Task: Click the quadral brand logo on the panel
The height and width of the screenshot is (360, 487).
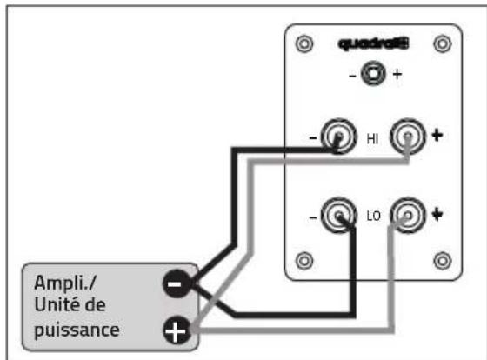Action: (x=373, y=43)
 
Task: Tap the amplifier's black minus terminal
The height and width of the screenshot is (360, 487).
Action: (x=177, y=283)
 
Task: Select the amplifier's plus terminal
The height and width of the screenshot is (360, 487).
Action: (x=177, y=330)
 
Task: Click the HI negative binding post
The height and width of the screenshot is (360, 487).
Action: (x=338, y=136)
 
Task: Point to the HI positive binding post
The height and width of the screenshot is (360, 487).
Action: (x=408, y=136)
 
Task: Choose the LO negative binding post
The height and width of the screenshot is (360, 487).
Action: (x=338, y=215)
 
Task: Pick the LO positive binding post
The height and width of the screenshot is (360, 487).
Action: (x=408, y=215)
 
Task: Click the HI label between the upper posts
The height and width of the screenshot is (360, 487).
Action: (x=372, y=139)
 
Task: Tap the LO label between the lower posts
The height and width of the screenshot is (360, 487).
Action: (x=373, y=216)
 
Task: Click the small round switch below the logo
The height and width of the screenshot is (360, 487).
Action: (x=373, y=73)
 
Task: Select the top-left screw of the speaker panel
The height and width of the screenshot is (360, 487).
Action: (x=304, y=43)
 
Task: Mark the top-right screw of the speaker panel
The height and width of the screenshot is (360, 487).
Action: (x=443, y=43)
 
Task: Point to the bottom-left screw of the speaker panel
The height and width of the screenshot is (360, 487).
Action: (x=304, y=261)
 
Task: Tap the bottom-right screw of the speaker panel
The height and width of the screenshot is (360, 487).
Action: (x=443, y=261)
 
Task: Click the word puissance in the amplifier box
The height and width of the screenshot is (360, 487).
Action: (x=77, y=330)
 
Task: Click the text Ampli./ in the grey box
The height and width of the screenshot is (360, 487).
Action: (x=65, y=283)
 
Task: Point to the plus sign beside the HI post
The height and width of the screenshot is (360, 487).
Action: (x=437, y=135)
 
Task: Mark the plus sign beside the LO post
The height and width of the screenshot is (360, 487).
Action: (x=437, y=214)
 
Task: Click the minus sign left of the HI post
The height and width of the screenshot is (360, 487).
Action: (x=313, y=138)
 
